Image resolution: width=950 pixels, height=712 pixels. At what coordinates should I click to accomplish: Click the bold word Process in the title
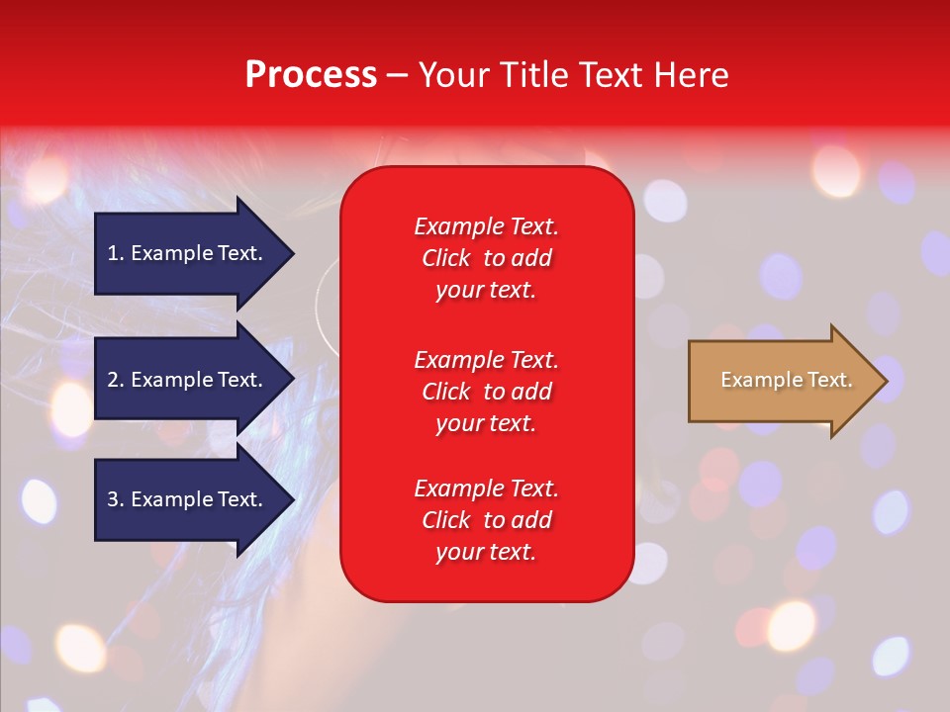[311, 75]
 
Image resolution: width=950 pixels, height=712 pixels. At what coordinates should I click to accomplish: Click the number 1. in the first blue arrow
[116, 253]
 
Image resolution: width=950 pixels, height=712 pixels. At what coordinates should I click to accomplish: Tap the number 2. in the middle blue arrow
[116, 380]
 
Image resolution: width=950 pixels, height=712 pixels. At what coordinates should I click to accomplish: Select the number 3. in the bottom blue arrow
[116, 499]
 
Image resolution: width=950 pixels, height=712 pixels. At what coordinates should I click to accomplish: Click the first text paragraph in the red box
[486, 258]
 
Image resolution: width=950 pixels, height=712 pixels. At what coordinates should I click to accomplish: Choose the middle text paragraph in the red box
[486, 392]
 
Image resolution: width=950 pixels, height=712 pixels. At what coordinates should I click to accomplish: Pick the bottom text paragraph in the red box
[486, 520]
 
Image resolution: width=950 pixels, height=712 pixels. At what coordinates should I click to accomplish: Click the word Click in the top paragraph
[446, 258]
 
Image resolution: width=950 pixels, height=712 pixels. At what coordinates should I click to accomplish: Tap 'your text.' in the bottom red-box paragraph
[486, 552]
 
